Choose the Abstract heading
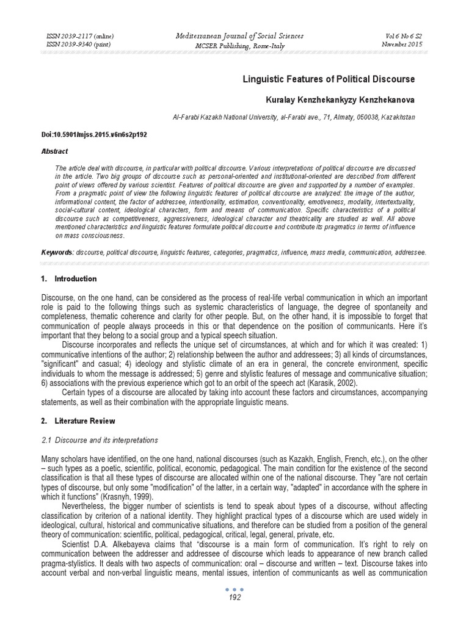pos(55,151)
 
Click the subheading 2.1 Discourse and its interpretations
pos(100,439)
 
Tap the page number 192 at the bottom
pos(234,598)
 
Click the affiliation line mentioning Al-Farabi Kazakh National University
pos(296,116)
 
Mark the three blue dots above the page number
pos(234,589)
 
